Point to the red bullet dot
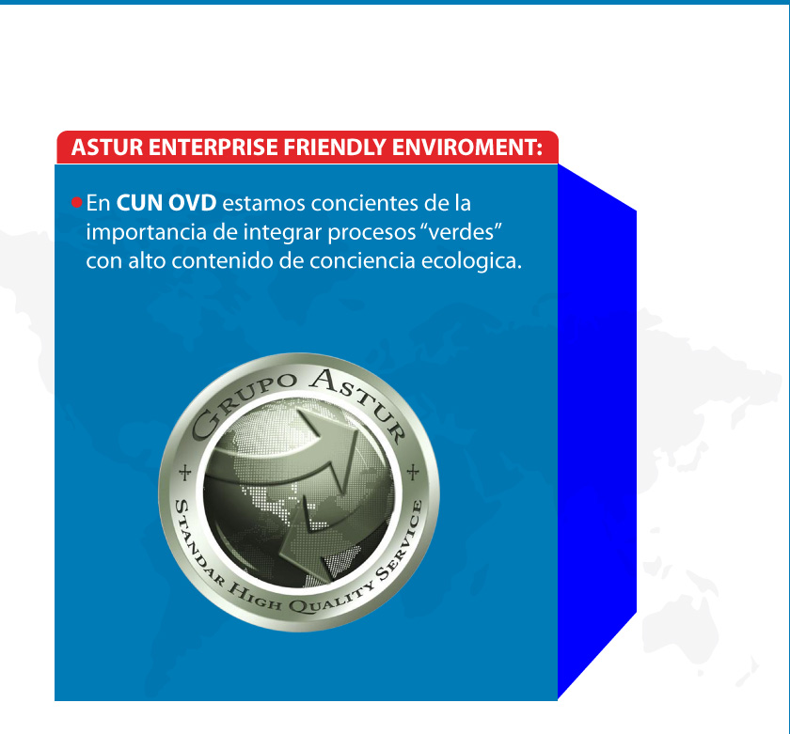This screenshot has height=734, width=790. [76, 202]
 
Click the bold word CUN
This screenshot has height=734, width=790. [139, 203]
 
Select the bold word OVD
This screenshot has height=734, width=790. [192, 203]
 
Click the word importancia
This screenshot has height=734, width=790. [146, 232]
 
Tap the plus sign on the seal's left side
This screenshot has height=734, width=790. [185, 473]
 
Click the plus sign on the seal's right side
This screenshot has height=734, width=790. [413, 472]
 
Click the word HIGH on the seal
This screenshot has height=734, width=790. [254, 594]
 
